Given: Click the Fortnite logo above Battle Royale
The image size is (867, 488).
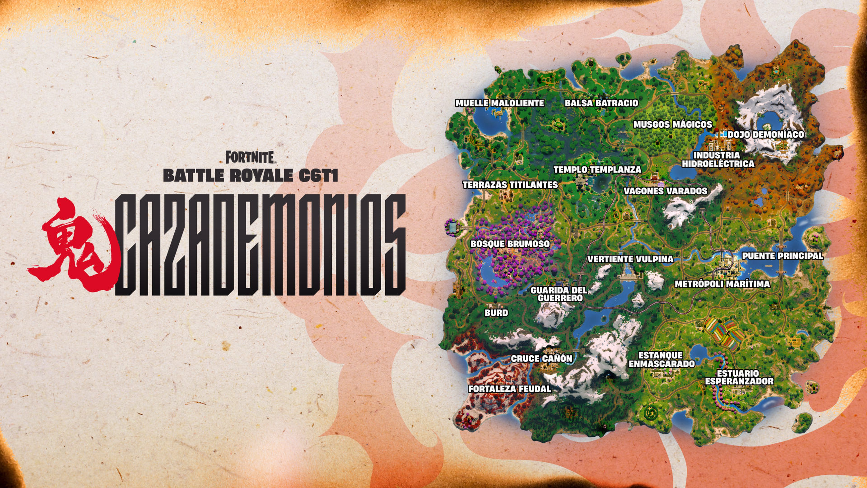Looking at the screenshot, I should click(x=250, y=157).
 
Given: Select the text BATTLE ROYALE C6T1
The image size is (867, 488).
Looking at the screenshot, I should click(x=250, y=176).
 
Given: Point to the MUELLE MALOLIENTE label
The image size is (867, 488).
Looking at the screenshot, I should click(x=499, y=103).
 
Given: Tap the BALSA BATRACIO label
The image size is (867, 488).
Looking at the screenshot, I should click(x=601, y=103).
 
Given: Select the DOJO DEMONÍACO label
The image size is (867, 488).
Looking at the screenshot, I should click(x=765, y=135).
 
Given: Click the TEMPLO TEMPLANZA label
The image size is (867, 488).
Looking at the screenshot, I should click(x=597, y=169).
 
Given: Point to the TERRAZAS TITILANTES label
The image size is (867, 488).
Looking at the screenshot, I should click(x=510, y=185).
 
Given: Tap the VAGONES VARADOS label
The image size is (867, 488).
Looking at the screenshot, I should click(x=665, y=191).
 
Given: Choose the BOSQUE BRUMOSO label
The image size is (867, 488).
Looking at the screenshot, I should click(x=510, y=244).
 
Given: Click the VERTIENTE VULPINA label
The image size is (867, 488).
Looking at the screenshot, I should click(x=630, y=259).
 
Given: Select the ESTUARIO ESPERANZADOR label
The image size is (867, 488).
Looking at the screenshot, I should click(x=739, y=377).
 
